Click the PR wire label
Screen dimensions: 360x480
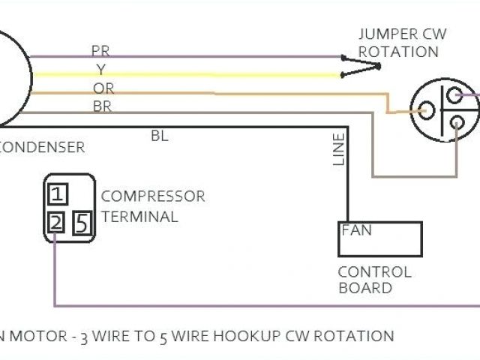[100, 51]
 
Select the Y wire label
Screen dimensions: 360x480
[100, 69]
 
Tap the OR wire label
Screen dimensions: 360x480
[103, 88]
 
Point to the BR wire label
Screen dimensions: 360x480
[102, 106]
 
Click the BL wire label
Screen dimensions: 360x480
[160, 136]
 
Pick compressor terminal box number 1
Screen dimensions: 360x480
[58, 196]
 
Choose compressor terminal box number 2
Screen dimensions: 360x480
[56, 223]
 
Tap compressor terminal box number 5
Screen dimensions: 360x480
[82, 223]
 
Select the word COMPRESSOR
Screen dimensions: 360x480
[153, 196]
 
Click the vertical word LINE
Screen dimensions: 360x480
[339, 149]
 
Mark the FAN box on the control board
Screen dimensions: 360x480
[379, 238]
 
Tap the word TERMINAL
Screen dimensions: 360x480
[139, 217]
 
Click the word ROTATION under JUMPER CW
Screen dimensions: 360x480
[398, 52]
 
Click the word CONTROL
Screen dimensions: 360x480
[374, 271]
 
